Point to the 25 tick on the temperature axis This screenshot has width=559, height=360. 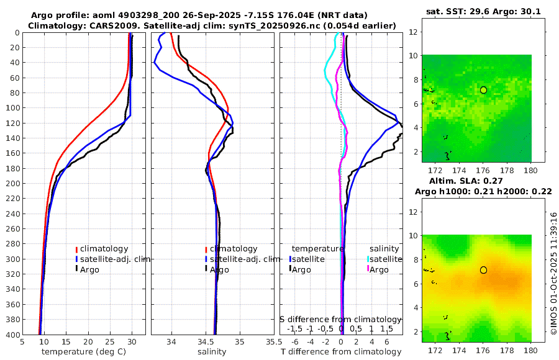pos(110,341)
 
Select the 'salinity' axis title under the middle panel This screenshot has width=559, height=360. pos(212,351)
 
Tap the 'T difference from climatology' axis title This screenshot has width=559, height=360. pos(340,351)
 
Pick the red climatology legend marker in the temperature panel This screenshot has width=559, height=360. pos(76,250)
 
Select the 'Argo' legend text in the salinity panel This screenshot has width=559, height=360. pos(219,269)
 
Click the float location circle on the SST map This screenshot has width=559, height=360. pos(483,90)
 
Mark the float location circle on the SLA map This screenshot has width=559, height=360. pos(483,270)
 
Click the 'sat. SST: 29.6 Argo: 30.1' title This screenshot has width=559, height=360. pos(483,11)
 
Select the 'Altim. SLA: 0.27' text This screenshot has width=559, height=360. pos(483,181)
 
